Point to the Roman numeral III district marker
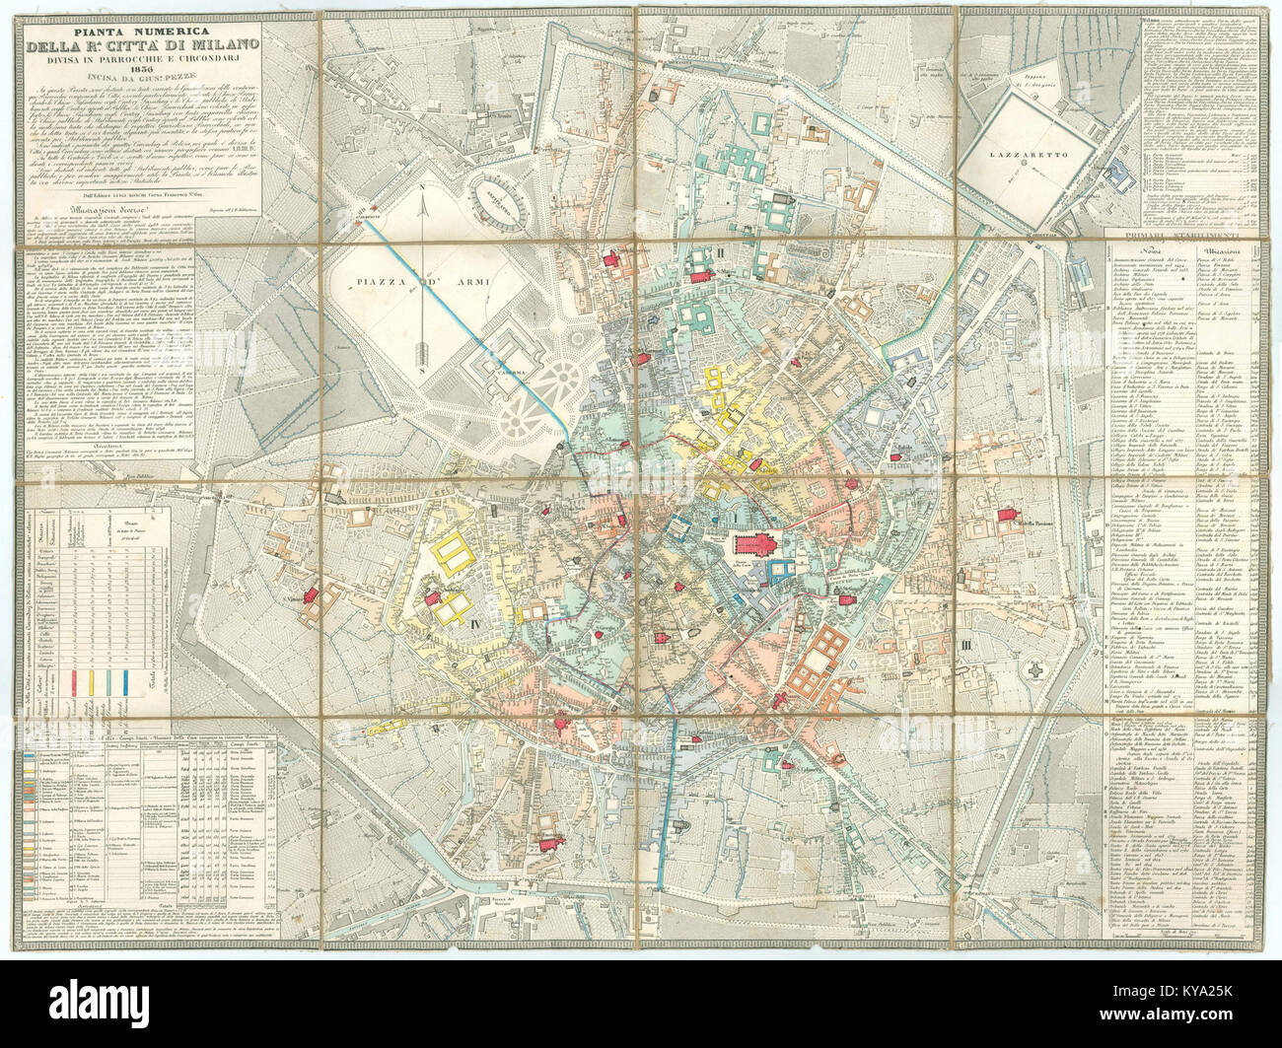click(x=967, y=646)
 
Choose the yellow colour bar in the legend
click(x=92, y=680)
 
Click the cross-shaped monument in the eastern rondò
click(x=1034, y=669)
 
